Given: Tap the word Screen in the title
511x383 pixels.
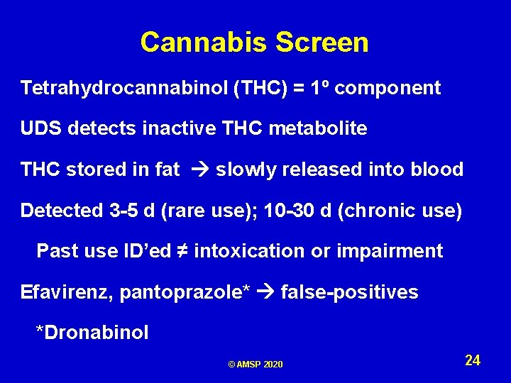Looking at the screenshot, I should [322, 43].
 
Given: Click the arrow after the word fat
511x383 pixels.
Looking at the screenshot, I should [198, 170].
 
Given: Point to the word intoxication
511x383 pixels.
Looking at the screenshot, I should [258, 251].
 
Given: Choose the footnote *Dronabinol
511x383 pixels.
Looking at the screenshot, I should [92, 333].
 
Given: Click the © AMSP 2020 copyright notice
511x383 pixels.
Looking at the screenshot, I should [255, 365].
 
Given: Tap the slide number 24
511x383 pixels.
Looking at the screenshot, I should [473, 360].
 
